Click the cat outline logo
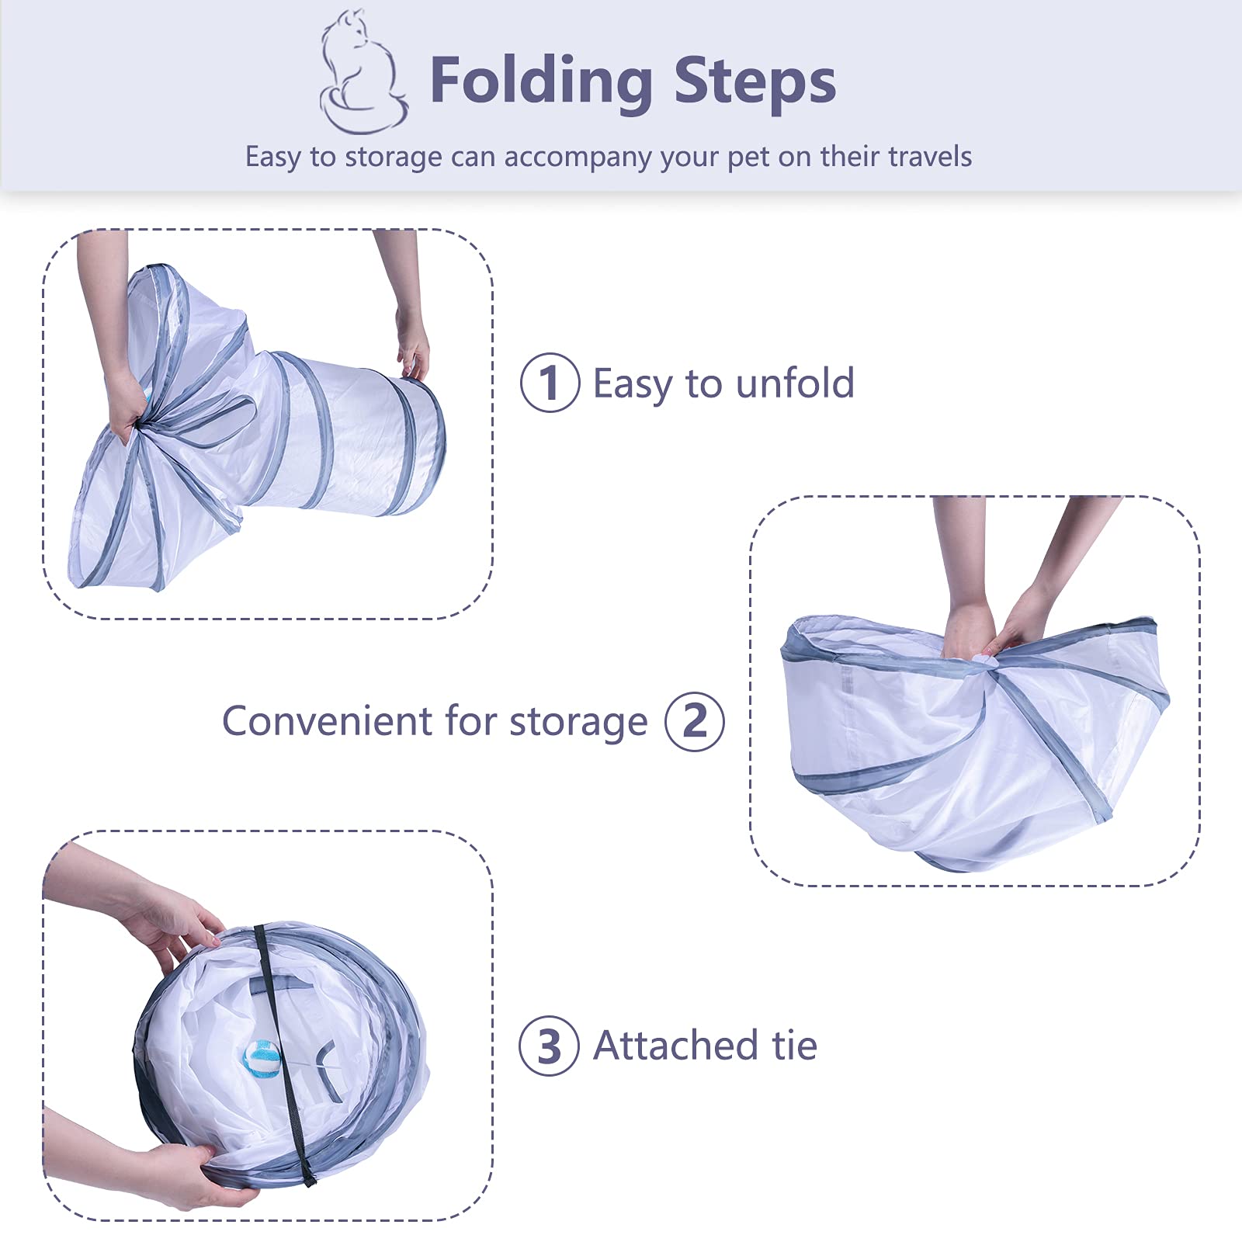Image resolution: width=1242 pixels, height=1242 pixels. tap(363, 71)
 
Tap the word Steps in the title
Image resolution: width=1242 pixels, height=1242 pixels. tap(755, 81)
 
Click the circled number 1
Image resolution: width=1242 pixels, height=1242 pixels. tap(550, 383)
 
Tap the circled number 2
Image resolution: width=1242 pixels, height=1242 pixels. tap(695, 721)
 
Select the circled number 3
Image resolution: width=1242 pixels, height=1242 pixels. tap(549, 1046)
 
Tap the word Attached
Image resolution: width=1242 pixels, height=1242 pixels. tap(675, 1045)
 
